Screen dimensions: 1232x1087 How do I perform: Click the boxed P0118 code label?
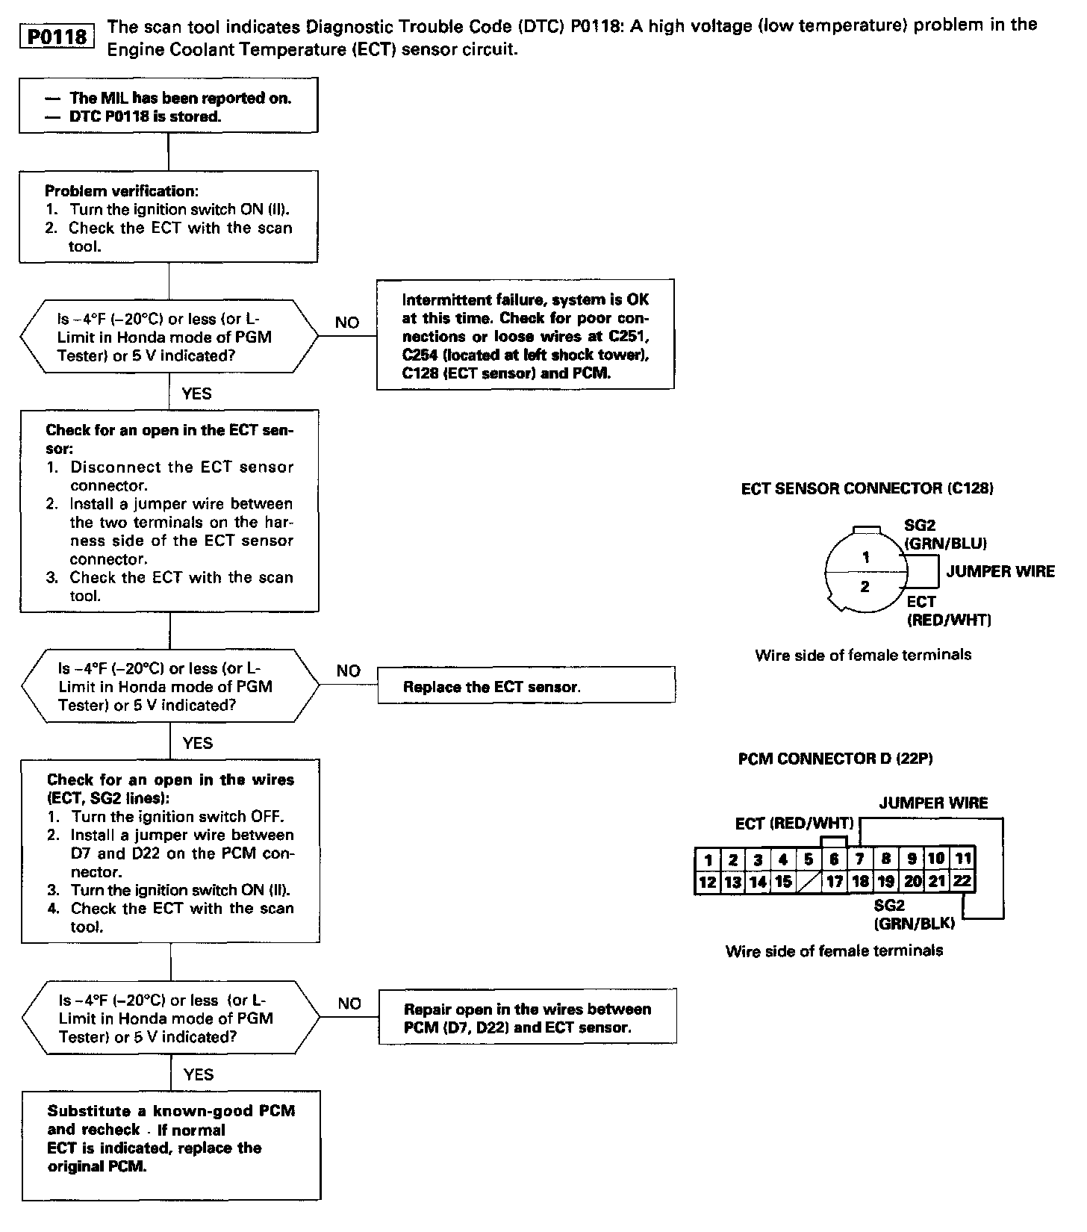(x=57, y=37)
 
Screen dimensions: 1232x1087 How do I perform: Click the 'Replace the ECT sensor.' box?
(x=526, y=685)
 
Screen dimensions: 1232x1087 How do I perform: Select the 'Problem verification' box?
(x=169, y=217)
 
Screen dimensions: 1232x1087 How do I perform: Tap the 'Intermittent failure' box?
(x=525, y=335)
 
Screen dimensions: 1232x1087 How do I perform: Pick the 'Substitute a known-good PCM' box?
(x=171, y=1145)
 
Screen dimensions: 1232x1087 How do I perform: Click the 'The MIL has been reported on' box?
(x=168, y=106)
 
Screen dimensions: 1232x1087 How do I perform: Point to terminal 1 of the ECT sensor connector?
(x=865, y=557)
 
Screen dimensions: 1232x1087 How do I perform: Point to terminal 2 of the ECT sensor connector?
(x=865, y=587)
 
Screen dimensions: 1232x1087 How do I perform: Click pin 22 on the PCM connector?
(x=962, y=881)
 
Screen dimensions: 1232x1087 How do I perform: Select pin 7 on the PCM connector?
(x=859, y=859)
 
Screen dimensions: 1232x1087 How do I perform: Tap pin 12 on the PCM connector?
(x=707, y=882)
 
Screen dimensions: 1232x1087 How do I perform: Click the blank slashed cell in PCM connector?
(x=809, y=882)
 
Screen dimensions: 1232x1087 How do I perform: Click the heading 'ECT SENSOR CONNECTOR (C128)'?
(x=867, y=488)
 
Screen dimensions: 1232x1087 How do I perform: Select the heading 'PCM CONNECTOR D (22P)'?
(x=835, y=759)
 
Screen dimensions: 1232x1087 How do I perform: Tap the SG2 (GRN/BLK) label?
(x=914, y=914)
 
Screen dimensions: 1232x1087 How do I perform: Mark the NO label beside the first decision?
(x=347, y=323)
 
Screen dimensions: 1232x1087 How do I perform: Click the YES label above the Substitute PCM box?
(x=198, y=1074)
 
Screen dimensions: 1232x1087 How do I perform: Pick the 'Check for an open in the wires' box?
(x=170, y=852)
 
